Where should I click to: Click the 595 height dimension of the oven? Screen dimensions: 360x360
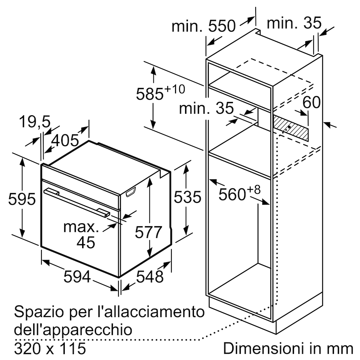point(22,199)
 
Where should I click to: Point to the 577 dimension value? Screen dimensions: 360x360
point(149,232)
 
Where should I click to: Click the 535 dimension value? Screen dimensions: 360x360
point(187,197)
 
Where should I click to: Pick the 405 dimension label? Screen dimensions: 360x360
point(65,140)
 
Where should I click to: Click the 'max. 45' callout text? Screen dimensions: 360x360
point(81,234)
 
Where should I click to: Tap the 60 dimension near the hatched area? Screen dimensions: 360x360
point(311,102)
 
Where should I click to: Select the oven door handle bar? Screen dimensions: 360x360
point(77,202)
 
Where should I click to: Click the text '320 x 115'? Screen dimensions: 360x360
point(50,348)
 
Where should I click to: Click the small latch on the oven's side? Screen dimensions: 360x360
point(131,192)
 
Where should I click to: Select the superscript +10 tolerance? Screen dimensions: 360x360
point(175,89)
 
